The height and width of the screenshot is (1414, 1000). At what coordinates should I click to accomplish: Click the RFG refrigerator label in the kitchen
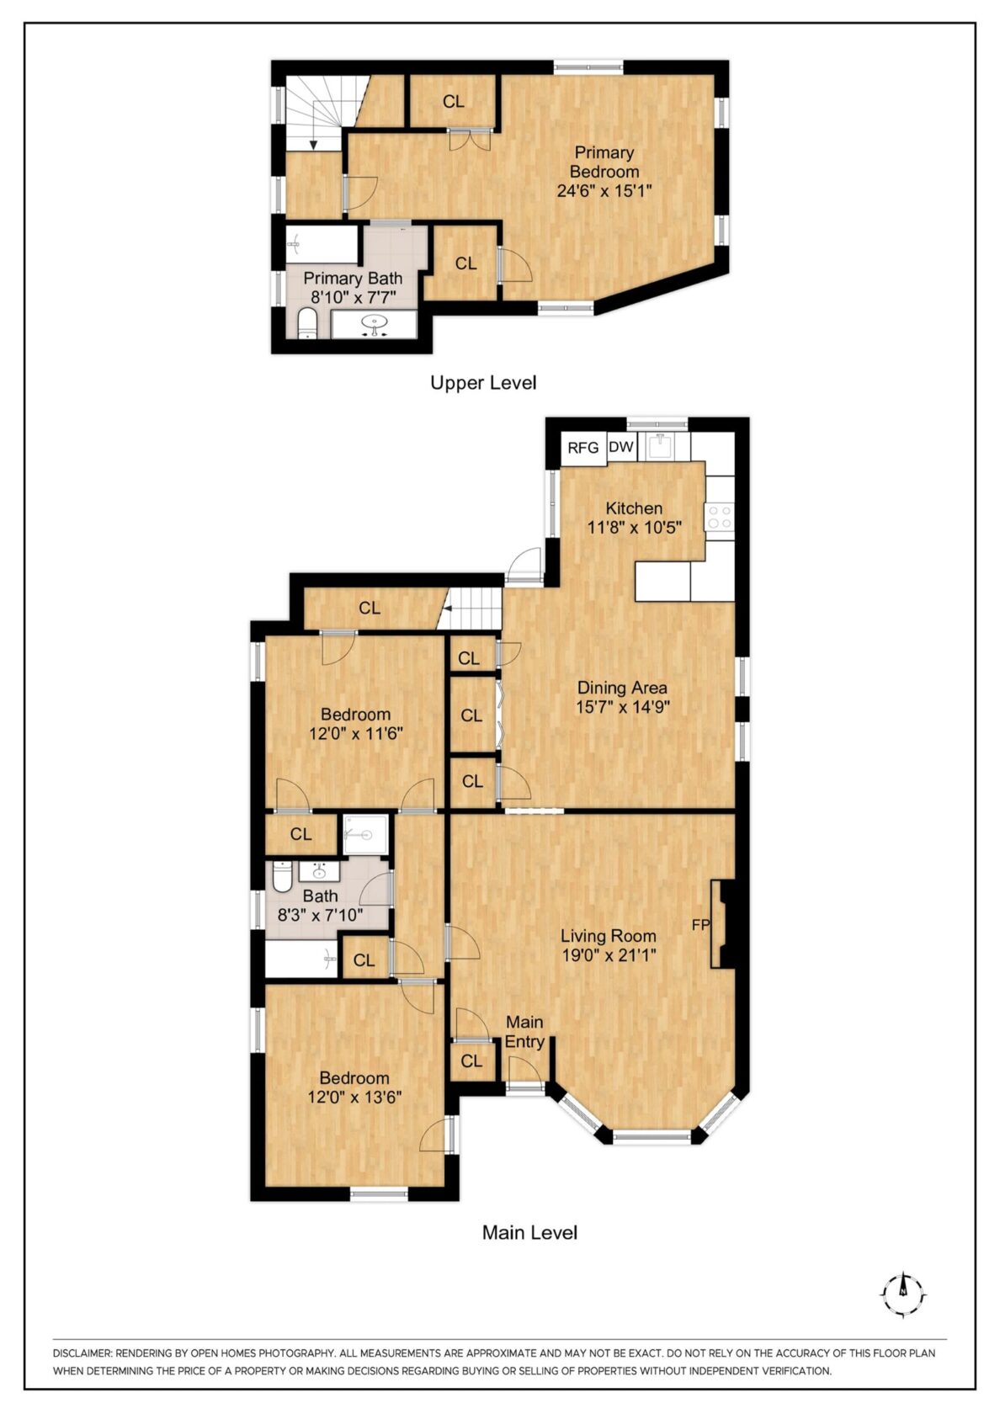(582, 448)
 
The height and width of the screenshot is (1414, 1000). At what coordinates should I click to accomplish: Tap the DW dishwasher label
(620, 447)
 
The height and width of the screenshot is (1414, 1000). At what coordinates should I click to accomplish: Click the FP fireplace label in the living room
(700, 925)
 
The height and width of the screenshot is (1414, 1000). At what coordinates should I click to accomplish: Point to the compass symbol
(902, 1294)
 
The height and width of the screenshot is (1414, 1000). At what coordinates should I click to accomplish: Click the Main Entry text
(524, 1031)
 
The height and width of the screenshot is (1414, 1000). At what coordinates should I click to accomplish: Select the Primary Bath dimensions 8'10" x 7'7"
(353, 297)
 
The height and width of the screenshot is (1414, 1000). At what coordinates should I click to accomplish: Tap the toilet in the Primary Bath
(307, 323)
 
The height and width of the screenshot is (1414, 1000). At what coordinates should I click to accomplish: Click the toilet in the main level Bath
(282, 877)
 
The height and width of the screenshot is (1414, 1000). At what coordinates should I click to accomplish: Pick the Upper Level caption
(483, 383)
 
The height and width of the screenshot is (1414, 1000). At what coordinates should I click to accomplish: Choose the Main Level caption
(529, 1233)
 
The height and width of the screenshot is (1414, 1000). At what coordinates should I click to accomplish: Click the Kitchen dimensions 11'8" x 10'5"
(634, 528)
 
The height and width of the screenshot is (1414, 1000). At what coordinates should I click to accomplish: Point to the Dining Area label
(622, 688)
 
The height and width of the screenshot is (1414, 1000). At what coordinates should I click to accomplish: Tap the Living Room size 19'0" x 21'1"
(609, 955)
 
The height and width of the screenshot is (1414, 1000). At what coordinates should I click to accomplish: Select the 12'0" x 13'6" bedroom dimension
(354, 1098)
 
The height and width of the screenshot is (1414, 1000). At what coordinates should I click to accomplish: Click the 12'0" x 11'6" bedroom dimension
(355, 734)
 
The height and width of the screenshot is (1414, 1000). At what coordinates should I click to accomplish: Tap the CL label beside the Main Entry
(471, 1061)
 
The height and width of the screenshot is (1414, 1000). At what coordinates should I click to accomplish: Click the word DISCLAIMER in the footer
(81, 1353)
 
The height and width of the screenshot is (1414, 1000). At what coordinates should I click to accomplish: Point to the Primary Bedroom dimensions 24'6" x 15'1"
(604, 191)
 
